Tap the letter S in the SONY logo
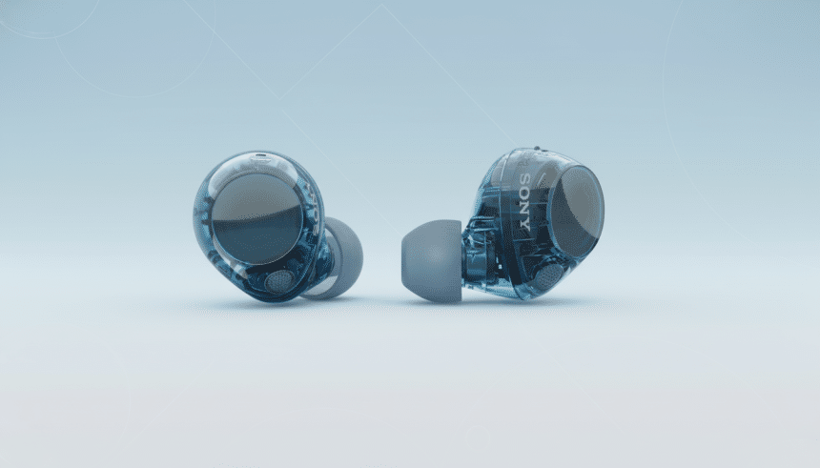[524, 180]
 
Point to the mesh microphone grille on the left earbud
[279, 281]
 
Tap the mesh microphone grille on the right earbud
[546, 277]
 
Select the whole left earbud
[272, 229]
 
